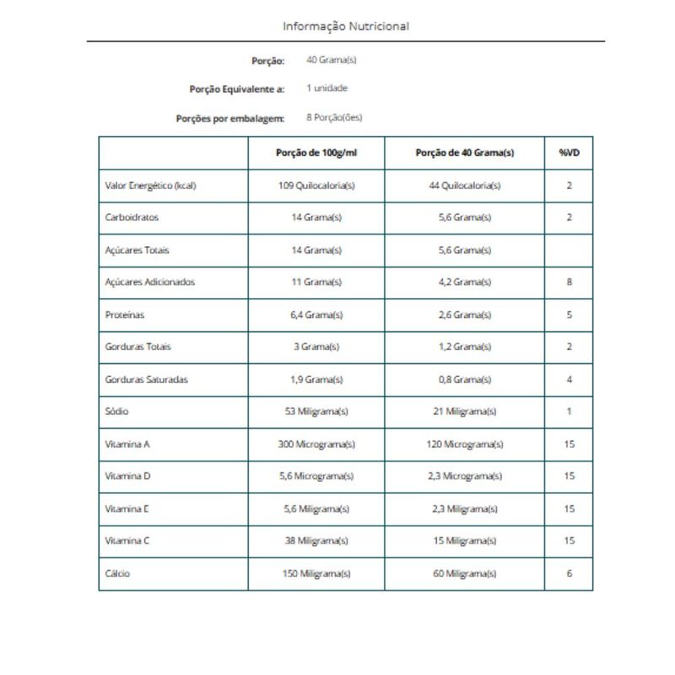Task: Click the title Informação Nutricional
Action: pos(346,26)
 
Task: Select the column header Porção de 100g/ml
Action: pos(316,153)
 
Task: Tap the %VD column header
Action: pos(569,153)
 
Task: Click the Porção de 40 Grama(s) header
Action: pos(465,153)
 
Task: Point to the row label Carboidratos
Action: pos(132,218)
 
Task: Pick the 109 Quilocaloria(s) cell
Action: pos(316,186)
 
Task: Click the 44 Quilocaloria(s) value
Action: pos(465,186)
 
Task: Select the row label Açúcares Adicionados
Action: pos(150,282)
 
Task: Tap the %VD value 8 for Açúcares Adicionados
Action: pos(569,282)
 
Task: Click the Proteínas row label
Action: pos(125,315)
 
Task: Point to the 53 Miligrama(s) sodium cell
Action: pos(316,412)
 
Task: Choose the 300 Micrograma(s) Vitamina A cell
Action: pos(316,444)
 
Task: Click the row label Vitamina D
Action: pos(128,476)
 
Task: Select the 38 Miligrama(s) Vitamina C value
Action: pos(316,541)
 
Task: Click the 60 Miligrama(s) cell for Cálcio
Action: pos(465,574)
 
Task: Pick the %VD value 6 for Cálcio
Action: pos(569,574)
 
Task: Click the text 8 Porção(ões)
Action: pos(334,117)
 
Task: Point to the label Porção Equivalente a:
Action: pos(236,89)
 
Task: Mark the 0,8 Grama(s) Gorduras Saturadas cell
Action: pos(465,380)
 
